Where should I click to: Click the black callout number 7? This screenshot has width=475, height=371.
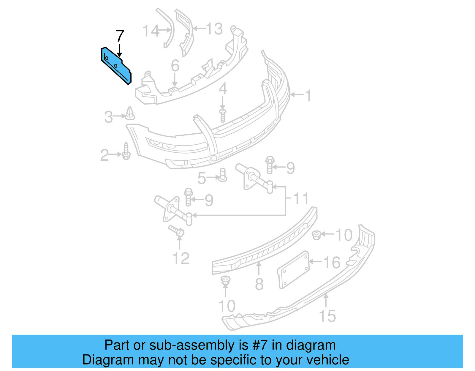(x=119, y=36)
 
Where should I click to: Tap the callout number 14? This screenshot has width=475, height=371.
(x=151, y=31)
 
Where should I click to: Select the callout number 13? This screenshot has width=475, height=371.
(x=214, y=29)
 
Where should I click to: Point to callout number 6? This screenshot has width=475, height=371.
(x=175, y=66)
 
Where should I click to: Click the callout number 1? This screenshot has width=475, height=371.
(x=308, y=96)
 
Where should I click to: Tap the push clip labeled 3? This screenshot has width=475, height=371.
(x=130, y=113)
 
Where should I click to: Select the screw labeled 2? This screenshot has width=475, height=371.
(x=126, y=151)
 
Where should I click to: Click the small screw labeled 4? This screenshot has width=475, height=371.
(x=223, y=115)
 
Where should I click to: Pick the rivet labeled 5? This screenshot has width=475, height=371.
(x=223, y=175)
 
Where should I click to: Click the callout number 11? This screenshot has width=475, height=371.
(x=301, y=198)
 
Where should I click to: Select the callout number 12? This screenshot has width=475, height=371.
(x=181, y=258)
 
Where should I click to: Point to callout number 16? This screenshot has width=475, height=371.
(x=332, y=263)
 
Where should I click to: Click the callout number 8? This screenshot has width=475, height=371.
(x=259, y=284)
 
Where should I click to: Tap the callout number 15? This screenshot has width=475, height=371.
(x=327, y=316)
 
